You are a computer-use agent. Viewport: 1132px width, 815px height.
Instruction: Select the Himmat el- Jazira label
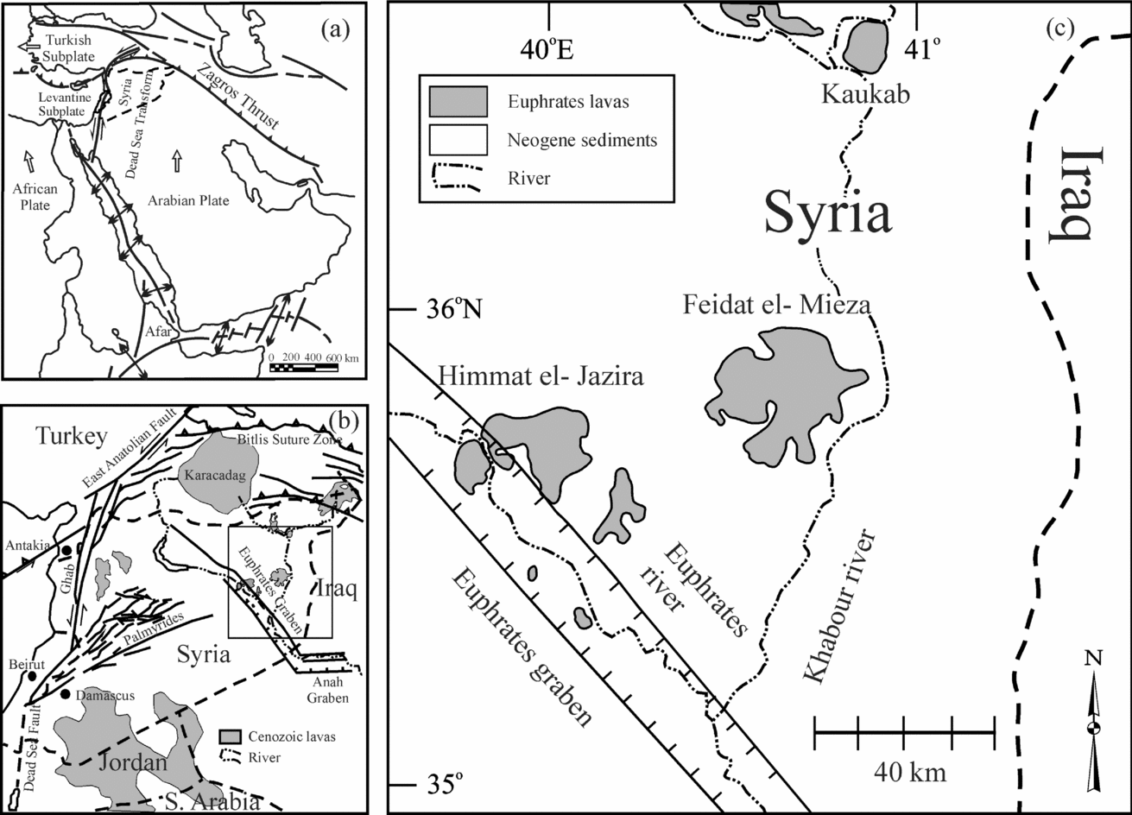click(x=541, y=377)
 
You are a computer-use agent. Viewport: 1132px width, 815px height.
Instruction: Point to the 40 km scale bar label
click(x=904, y=771)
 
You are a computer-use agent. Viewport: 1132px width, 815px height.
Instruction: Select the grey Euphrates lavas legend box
click(x=458, y=102)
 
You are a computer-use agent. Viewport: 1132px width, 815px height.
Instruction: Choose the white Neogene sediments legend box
click(x=458, y=139)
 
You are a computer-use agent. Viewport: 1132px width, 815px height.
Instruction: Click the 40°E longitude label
click(x=548, y=50)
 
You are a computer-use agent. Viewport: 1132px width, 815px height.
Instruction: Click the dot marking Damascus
click(x=66, y=694)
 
